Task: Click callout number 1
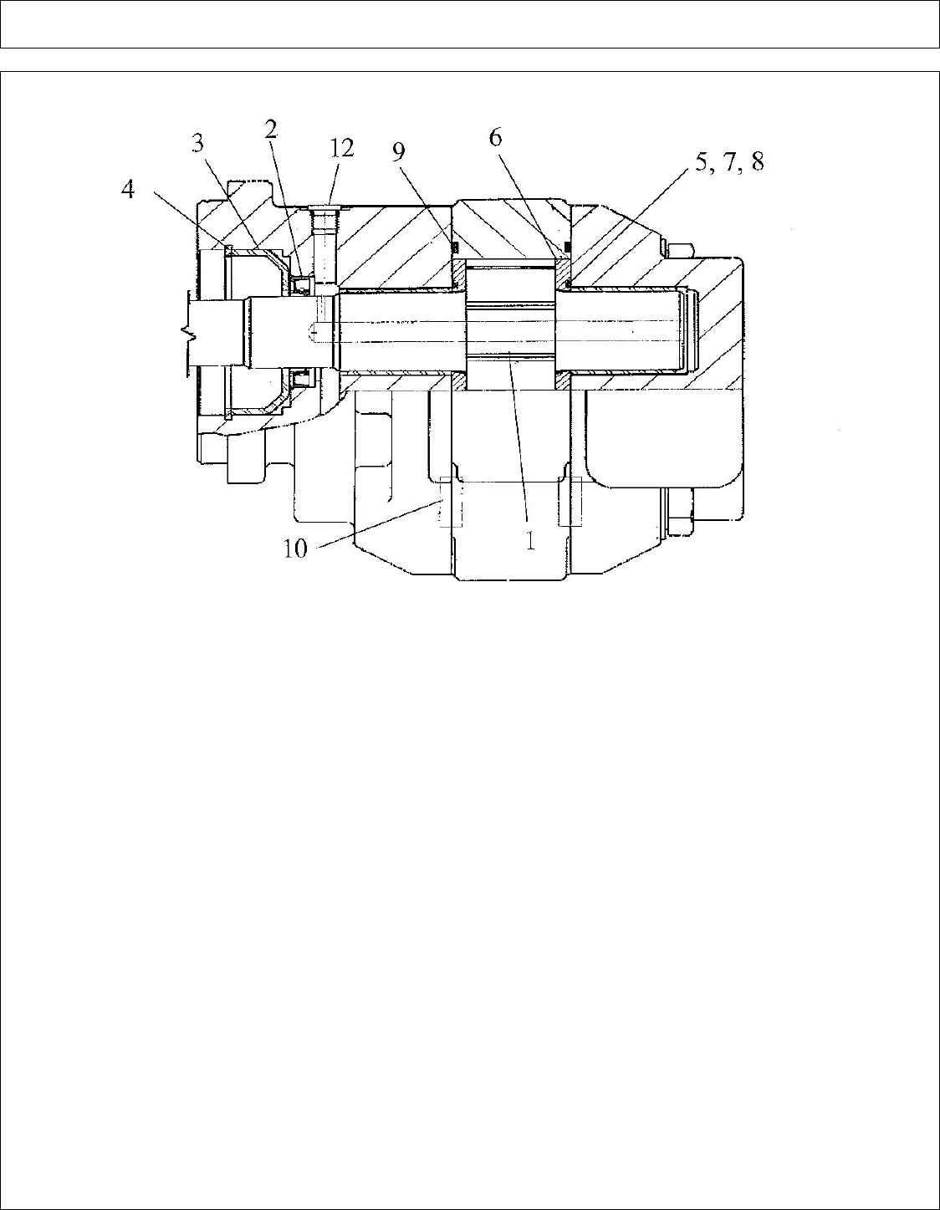530,540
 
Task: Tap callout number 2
270,129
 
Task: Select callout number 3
198,144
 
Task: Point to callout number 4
128,190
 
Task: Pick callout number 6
496,136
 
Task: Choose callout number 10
296,549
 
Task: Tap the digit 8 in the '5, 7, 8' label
755,161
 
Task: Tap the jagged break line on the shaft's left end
192,334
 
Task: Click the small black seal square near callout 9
456,248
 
